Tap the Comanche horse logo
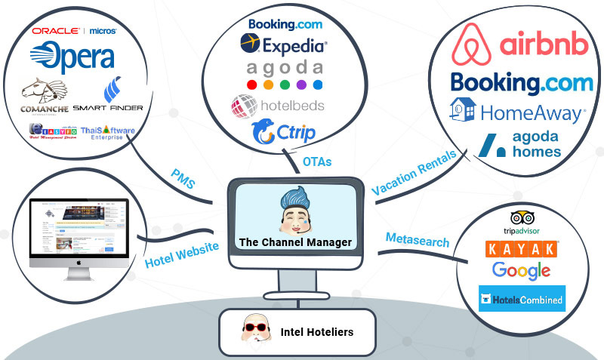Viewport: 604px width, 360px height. click(x=44, y=97)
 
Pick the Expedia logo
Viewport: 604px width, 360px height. click(x=284, y=45)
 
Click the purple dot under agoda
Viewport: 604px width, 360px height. click(x=300, y=85)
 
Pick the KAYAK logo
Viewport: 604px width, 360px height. click(x=522, y=248)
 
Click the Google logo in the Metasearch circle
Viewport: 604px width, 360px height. click(x=521, y=269)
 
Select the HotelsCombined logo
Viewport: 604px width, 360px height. click(x=522, y=299)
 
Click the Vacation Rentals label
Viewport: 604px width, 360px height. click(x=414, y=173)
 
